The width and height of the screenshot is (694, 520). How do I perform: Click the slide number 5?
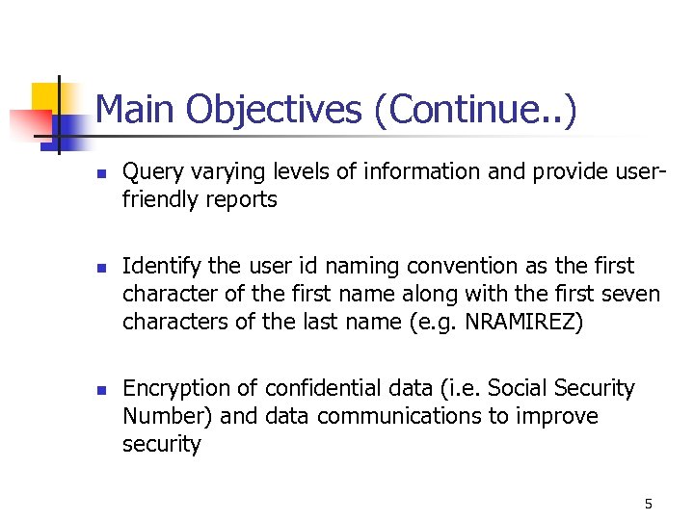(x=649, y=504)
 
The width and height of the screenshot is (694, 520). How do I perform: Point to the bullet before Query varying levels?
(x=101, y=173)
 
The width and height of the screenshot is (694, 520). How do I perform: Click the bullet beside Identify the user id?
(x=101, y=267)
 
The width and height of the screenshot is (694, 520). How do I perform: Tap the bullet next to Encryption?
(x=101, y=390)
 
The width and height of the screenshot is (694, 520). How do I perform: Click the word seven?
(x=630, y=294)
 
